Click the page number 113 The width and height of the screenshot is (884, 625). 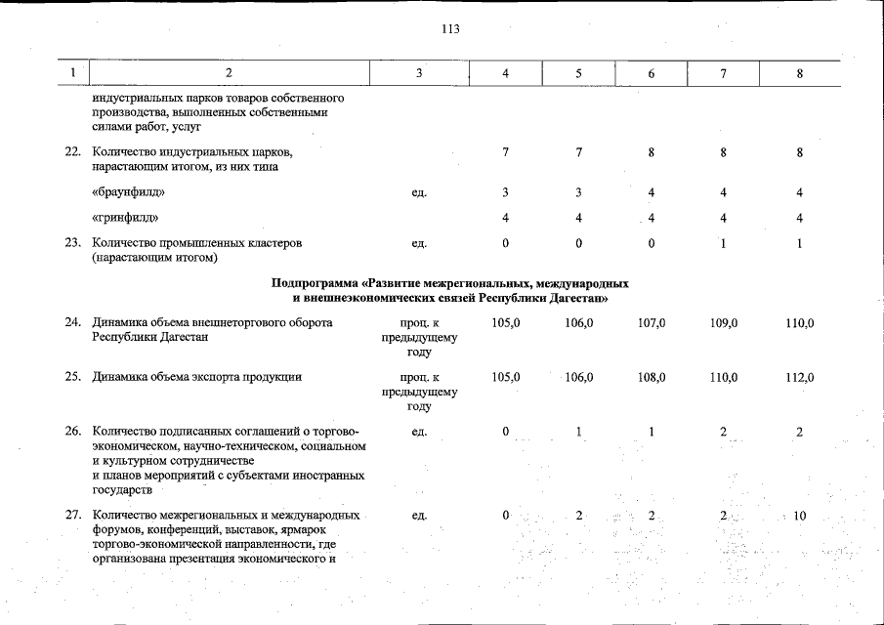[x=450, y=28]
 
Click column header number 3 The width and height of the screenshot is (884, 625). [x=419, y=73]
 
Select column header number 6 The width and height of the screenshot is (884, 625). [x=651, y=73]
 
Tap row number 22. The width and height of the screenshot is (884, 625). [x=72, y=152]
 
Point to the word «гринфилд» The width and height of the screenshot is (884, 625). [x=124, y=217]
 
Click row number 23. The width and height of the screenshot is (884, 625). [x=72, y=242]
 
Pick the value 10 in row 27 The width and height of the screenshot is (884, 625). [x=799, y=516]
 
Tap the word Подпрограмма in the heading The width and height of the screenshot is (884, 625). [x=311, y=283]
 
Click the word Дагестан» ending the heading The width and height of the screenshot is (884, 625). [x=578, y=297]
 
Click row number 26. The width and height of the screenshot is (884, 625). [x=72, y=432]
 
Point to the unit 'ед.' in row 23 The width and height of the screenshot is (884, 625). [x=419, y=242]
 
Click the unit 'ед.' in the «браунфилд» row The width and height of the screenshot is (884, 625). [x=419, y=192]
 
